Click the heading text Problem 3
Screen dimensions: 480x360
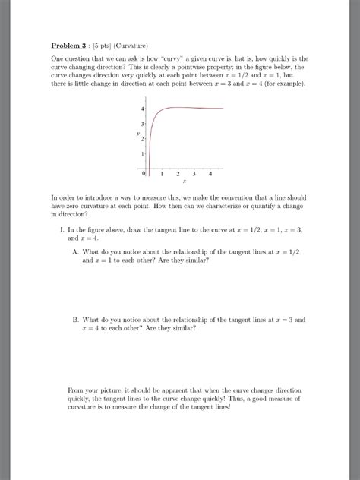[x=69, y=45]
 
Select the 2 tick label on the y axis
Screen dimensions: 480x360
[x=142, y=141]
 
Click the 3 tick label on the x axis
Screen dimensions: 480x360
[x=194, y=174]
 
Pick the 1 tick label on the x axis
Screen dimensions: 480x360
[x=163, y=174]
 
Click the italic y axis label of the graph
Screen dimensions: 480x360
[x=137, y=134]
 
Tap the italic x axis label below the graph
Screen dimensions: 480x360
[x=185, y=183]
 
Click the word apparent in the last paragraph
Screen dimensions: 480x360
[x=176, y=390]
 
